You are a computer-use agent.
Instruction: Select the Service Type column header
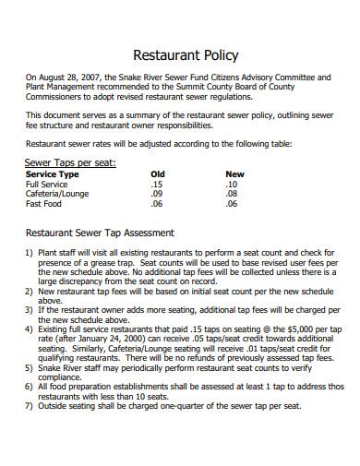pyautogui.click(x=52, y=173)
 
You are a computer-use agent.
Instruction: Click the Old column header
pyautogui.click(x=158, y=173)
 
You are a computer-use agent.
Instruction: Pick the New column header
pyautogui.click(x=234, y=173)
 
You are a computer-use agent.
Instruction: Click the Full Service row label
pyautogui.click(x=47, y=184)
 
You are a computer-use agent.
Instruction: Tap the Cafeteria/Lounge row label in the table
pyautogui.click(x=58, y=194)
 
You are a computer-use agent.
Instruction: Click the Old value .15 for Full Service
pyautogui.click(x=156, y=184)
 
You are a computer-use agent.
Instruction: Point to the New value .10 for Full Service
pyautogui.click(x=232, y=184)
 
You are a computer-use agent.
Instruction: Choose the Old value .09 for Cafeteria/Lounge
pyautogui.click(x=156, y=194)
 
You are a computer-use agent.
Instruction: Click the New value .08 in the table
pyautogui.click(x=232, y=194)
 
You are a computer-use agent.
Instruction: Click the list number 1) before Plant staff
pyautogui.click(x=30, y=252)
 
